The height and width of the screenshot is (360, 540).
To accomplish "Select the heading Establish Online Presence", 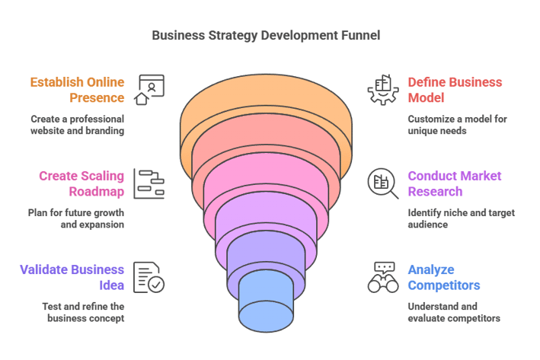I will tap(78, 89).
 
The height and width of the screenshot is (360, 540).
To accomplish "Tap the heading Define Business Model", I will tap(454, 89).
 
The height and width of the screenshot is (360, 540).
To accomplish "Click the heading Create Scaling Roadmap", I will tap(83, 183).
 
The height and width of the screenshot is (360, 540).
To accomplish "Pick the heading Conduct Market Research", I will tap(454, 183).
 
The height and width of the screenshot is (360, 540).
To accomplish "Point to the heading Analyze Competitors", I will tap(444, 277).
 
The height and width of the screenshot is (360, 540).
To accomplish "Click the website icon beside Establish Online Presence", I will tap(149, 89).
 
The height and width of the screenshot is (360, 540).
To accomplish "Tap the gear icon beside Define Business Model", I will tap(382, 89).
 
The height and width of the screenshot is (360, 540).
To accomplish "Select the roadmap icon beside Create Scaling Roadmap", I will tap(149, 183).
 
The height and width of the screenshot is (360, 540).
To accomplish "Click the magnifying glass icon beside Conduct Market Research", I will tap(382, 183).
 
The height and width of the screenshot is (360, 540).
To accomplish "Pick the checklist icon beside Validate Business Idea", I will tap(149, 277).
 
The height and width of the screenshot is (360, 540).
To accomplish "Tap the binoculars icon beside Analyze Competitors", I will tap(382, 277).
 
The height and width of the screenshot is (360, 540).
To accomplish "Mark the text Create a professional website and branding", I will tap(77, 125).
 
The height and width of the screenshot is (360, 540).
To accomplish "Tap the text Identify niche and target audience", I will tap(461, 219).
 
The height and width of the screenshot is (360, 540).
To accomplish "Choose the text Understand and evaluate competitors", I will tap(453, 312).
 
